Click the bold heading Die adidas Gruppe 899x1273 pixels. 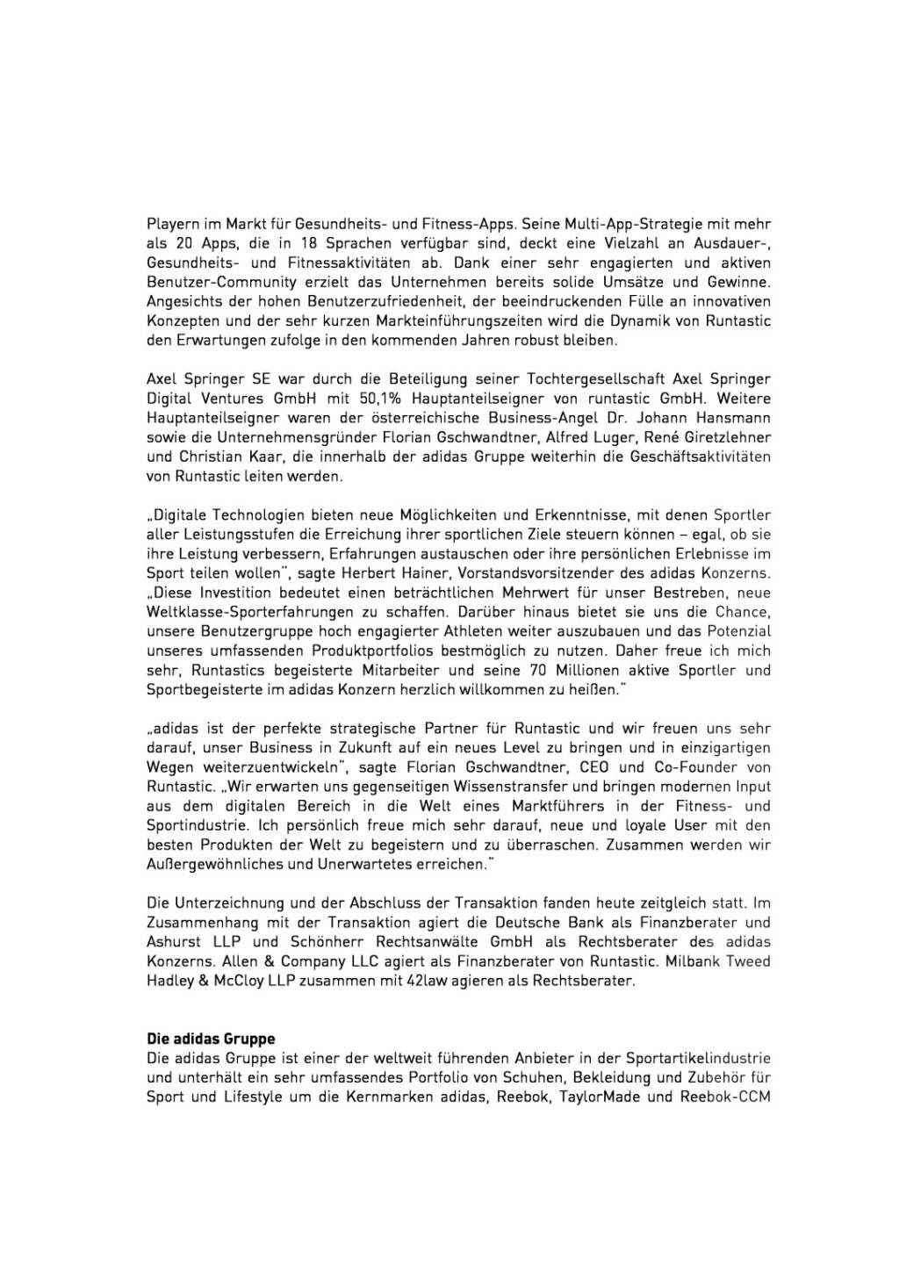point(210,1039)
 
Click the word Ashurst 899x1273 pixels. point(175,941)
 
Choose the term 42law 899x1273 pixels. point(428,980)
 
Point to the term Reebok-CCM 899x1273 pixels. point(725,1097)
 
